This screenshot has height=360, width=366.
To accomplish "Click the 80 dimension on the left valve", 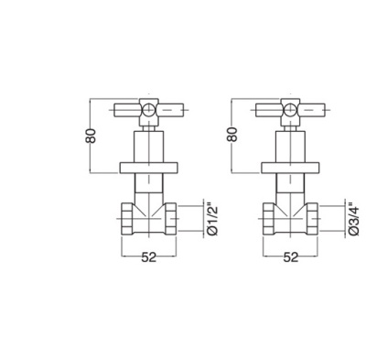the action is point(91,136).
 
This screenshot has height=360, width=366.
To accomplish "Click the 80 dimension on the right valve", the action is point(232,134).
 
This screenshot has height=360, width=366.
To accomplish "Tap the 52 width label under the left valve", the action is point(148,257).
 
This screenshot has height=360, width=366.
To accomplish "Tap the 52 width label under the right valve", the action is point(290,257).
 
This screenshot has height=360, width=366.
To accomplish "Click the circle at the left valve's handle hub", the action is point(148,110).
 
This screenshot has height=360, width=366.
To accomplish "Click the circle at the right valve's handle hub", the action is point(290,110).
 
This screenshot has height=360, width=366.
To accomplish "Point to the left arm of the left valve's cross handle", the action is point(126,110).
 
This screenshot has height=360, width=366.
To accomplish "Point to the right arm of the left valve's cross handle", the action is point(171,110).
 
